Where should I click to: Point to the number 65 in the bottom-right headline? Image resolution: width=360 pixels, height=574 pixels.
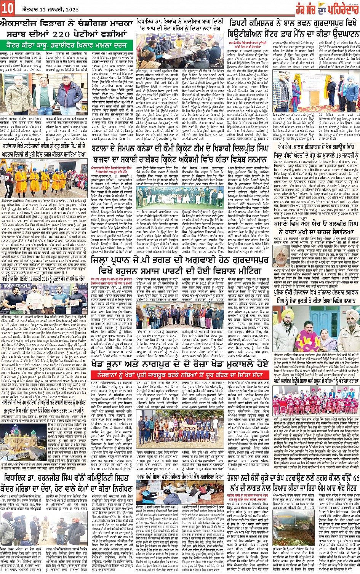pyautogui.click(x=355, y=478)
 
